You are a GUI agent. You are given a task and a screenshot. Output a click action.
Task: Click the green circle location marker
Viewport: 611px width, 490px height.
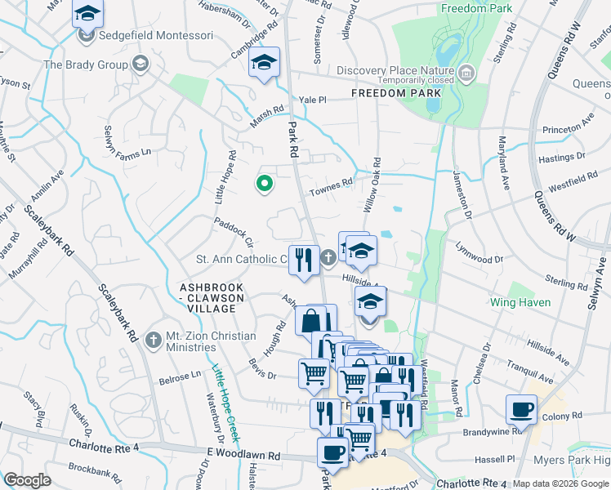click(265, 184)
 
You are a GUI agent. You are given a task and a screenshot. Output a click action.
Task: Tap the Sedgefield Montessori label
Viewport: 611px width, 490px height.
click(154, 37)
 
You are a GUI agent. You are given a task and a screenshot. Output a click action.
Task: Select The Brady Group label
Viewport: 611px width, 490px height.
click(86, 64)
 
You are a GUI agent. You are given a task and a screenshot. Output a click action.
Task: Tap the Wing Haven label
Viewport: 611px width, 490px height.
click(520, 302)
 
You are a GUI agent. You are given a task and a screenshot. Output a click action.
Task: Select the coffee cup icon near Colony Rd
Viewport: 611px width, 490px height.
click(520, 409)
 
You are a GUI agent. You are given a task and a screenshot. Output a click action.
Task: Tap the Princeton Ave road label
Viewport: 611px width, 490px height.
click(569, 127)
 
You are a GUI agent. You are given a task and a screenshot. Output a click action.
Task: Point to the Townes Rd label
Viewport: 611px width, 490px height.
click(330, 187)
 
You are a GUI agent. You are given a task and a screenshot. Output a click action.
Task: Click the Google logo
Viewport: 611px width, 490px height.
click(27, 480)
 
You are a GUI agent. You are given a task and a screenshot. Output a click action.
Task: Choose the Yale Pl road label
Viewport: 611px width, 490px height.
click(313, 100)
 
